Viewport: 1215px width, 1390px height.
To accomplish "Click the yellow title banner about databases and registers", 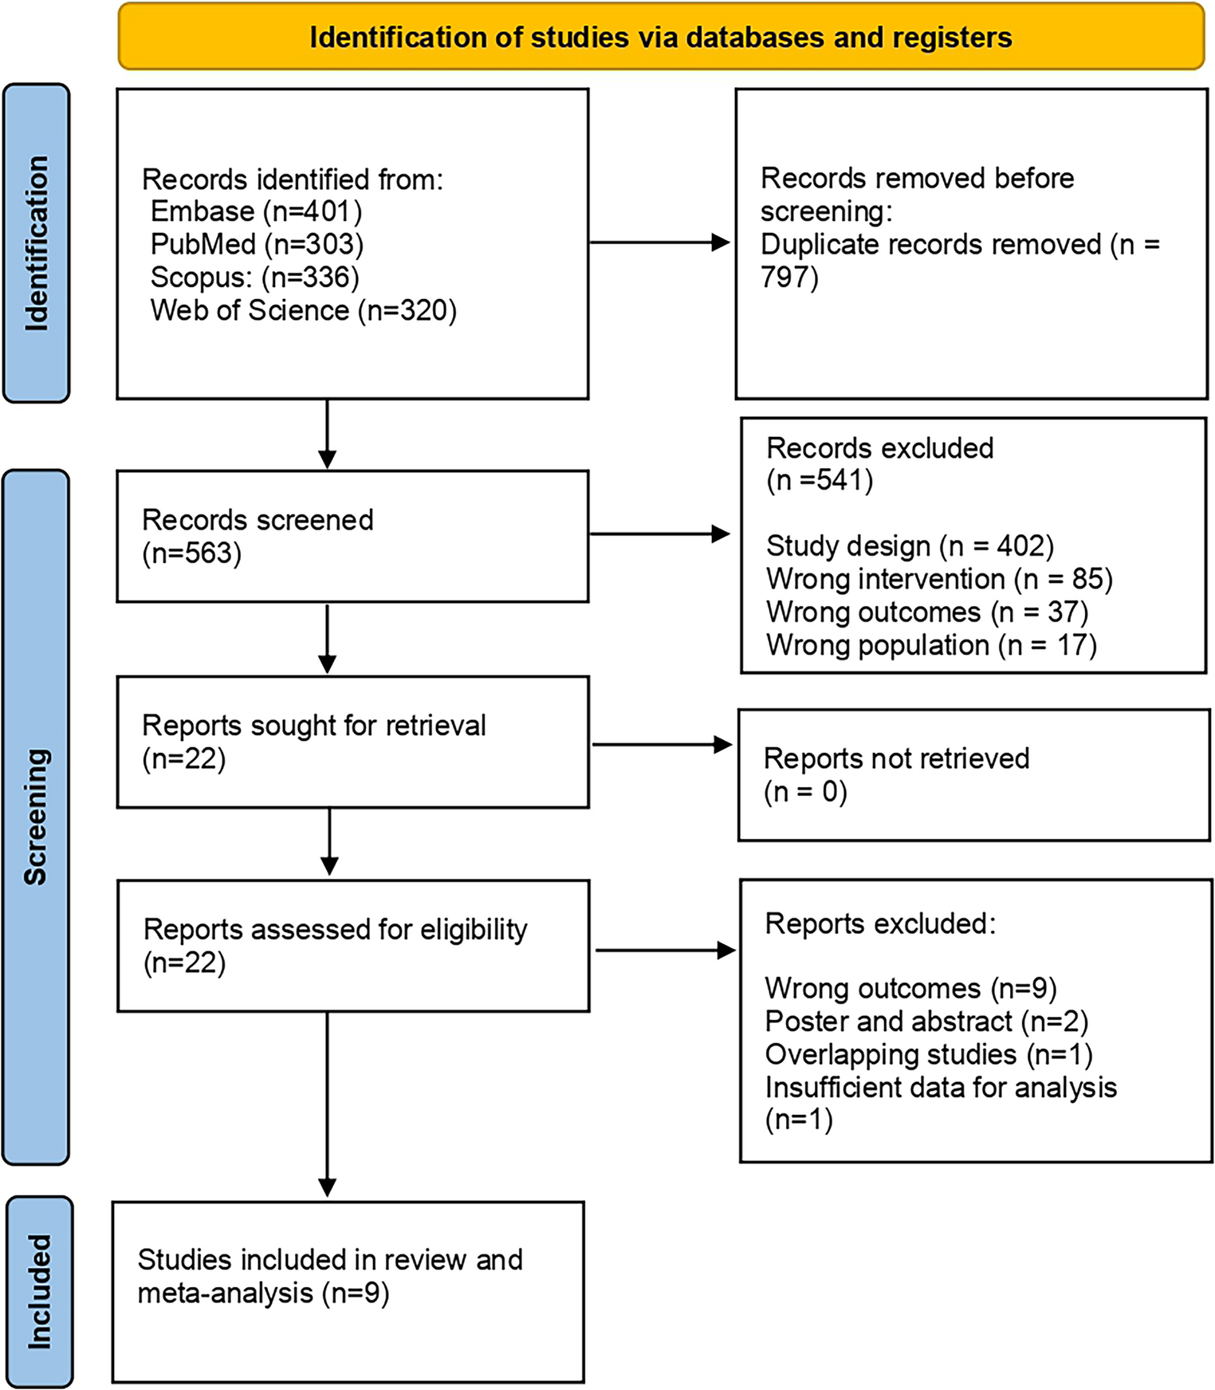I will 660,37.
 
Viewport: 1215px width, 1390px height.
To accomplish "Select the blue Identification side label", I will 37,243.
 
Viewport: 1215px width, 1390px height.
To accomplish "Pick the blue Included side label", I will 39,1291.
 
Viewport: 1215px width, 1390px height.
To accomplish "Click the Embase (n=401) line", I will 256,211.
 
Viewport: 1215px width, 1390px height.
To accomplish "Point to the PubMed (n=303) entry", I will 257,244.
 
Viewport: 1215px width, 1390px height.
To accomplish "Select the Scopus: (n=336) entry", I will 255,277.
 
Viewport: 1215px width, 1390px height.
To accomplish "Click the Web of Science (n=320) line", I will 303,310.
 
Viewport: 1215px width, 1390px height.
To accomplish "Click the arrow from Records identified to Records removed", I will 660,242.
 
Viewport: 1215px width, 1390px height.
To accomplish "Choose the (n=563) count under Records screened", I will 191,553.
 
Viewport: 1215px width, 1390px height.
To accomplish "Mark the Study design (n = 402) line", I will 910,546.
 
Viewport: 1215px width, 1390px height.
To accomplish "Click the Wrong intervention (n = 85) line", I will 939,579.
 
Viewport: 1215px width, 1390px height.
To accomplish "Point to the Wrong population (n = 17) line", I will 931,644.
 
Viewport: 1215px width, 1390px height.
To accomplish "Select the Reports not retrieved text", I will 896,758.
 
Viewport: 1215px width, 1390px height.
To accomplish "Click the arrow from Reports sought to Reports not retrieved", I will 662,745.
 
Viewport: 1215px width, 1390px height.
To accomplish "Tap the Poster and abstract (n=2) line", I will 926,1022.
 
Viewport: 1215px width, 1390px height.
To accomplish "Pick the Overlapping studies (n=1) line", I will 928,1054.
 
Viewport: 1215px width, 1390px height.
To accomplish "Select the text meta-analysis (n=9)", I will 263,1293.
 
